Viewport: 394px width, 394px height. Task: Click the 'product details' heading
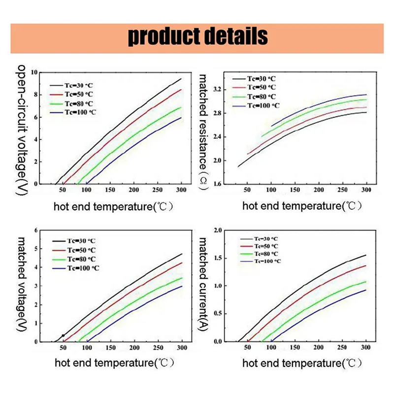pos(197,36)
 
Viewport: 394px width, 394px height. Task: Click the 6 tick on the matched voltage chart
pos(35,230)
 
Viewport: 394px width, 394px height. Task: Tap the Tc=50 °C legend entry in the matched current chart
pos(266,246)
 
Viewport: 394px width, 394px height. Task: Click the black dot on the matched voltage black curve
pos(63,335)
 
